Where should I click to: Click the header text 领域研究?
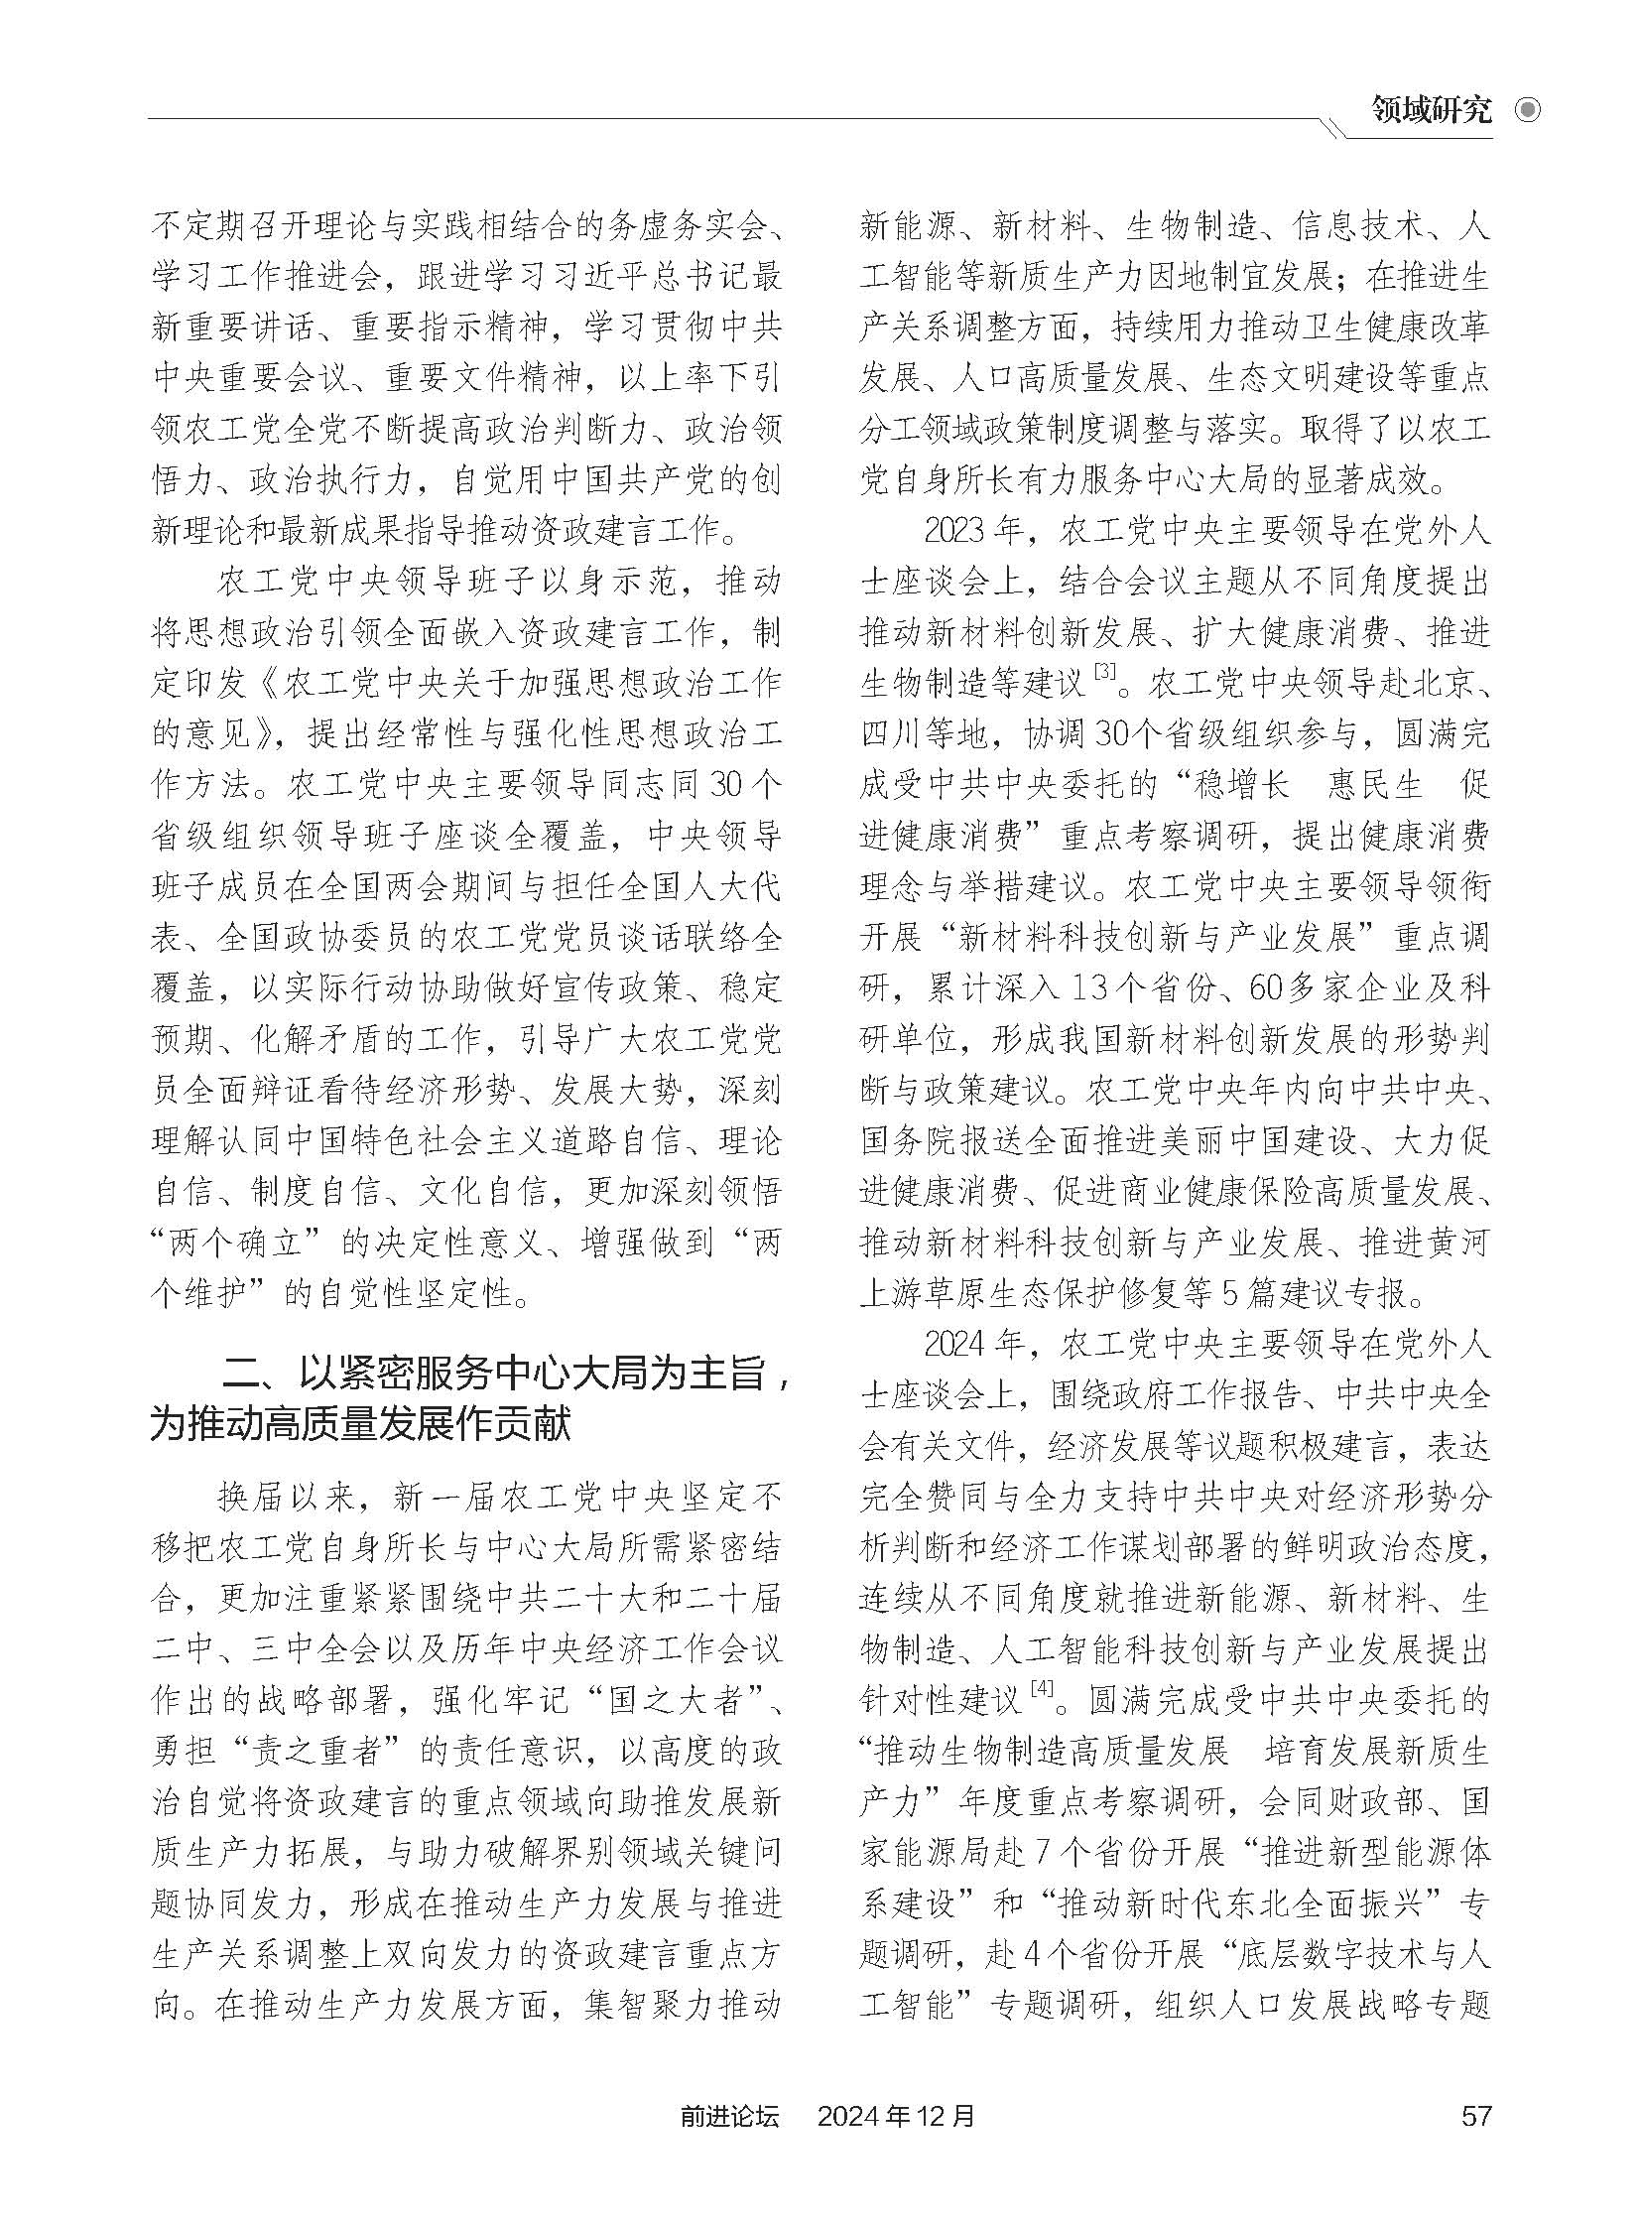[1432, 109]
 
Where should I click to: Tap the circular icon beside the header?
[1527, 109]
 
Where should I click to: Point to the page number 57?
[1476, 2114]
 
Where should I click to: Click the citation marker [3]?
[1104, 674]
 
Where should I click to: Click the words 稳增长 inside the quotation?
[1241, 785]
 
